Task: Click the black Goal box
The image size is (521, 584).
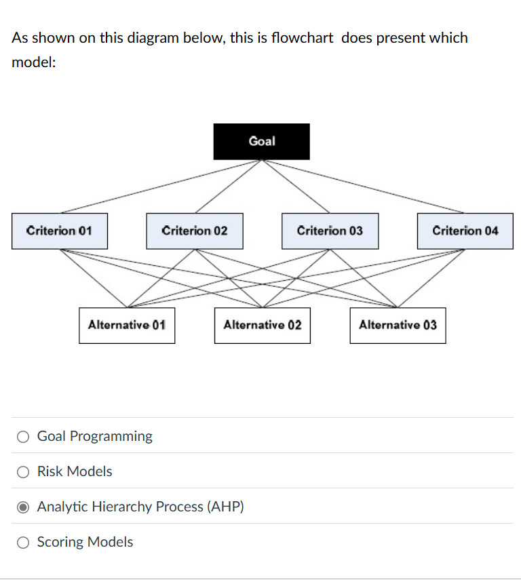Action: [x=261, y=141]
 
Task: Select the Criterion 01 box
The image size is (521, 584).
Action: [x=59, y=231]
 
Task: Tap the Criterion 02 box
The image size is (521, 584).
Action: [x=195, y=231]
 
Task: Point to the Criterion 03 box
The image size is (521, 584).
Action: [x=330, y=231]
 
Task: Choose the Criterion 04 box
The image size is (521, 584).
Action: [x=465, y=231]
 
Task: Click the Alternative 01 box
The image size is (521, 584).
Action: [x=127, y=325]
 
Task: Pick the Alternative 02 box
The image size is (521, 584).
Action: [x=263, y=325]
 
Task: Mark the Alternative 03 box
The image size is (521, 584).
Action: [x=398, y=325]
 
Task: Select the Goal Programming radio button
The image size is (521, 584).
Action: [x=23, y=437]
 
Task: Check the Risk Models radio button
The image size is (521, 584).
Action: [x=23, y=472]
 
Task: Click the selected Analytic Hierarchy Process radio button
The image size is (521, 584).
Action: [x=23, y=507]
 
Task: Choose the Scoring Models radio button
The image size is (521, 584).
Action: [x=23, y=543]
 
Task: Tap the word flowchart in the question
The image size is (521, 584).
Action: [x=302, y=38]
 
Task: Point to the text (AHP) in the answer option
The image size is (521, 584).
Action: [x=225, y=507]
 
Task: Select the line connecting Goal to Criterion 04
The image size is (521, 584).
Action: [x=363, y=187]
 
